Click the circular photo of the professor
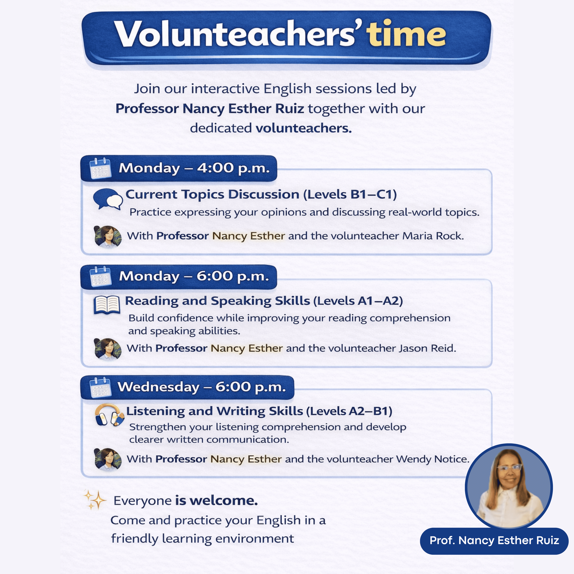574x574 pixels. tap(509, 487)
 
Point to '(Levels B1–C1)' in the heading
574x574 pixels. tap(350, 195)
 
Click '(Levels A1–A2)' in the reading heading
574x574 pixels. tap(358, 301)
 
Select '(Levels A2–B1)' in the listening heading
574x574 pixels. tap(349, 411)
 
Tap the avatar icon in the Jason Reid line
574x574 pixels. tap(108, 349)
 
